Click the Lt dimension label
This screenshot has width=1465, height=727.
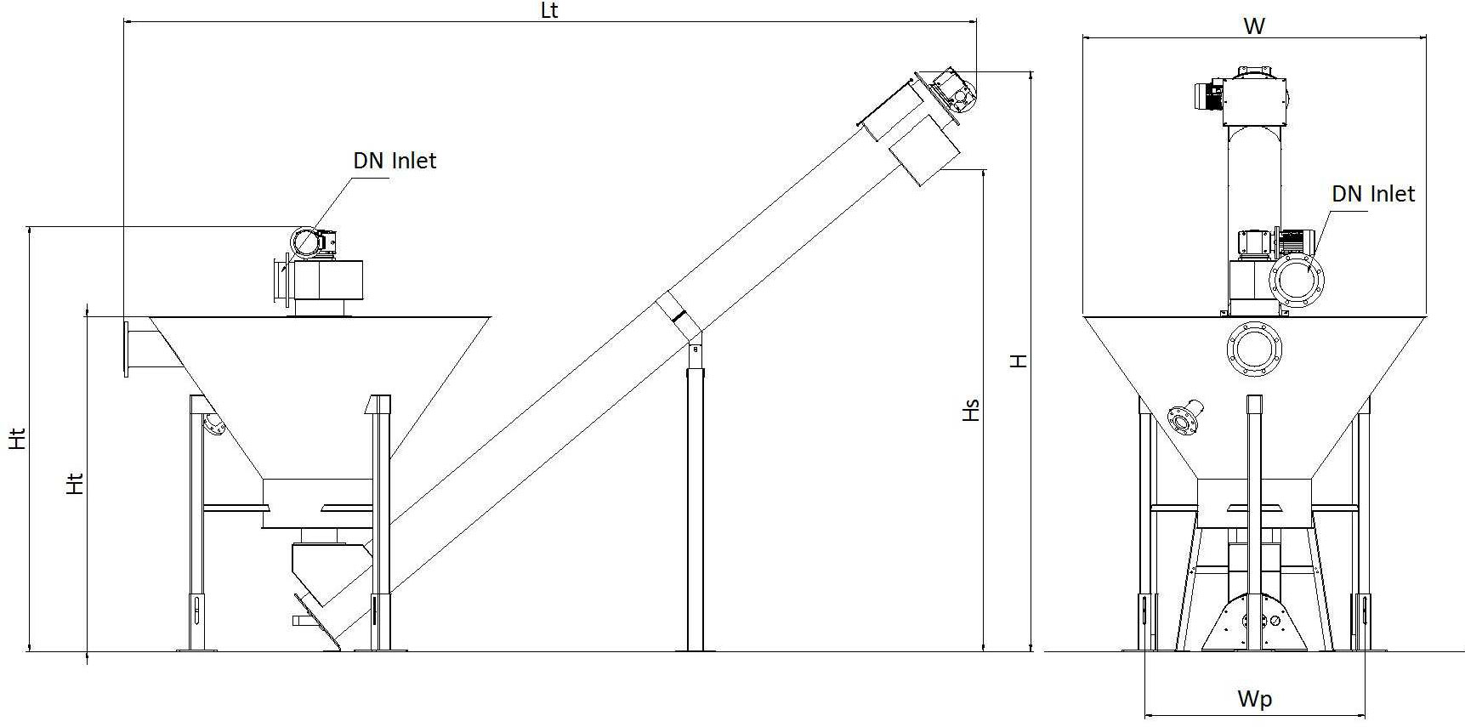pos(549,10)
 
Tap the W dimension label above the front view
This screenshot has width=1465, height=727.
pos(1254,26)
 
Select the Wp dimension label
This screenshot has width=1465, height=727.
pos(1255,699)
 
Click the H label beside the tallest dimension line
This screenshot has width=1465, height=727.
pos(1018,361)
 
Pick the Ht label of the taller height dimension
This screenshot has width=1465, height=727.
pos(18,439)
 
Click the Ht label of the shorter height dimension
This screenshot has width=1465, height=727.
pos(76,484)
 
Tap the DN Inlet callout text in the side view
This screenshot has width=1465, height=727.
pos(395,161)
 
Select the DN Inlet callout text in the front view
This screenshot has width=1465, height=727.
pos(1373,194)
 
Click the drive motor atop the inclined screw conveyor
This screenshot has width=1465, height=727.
pos(952,90)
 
